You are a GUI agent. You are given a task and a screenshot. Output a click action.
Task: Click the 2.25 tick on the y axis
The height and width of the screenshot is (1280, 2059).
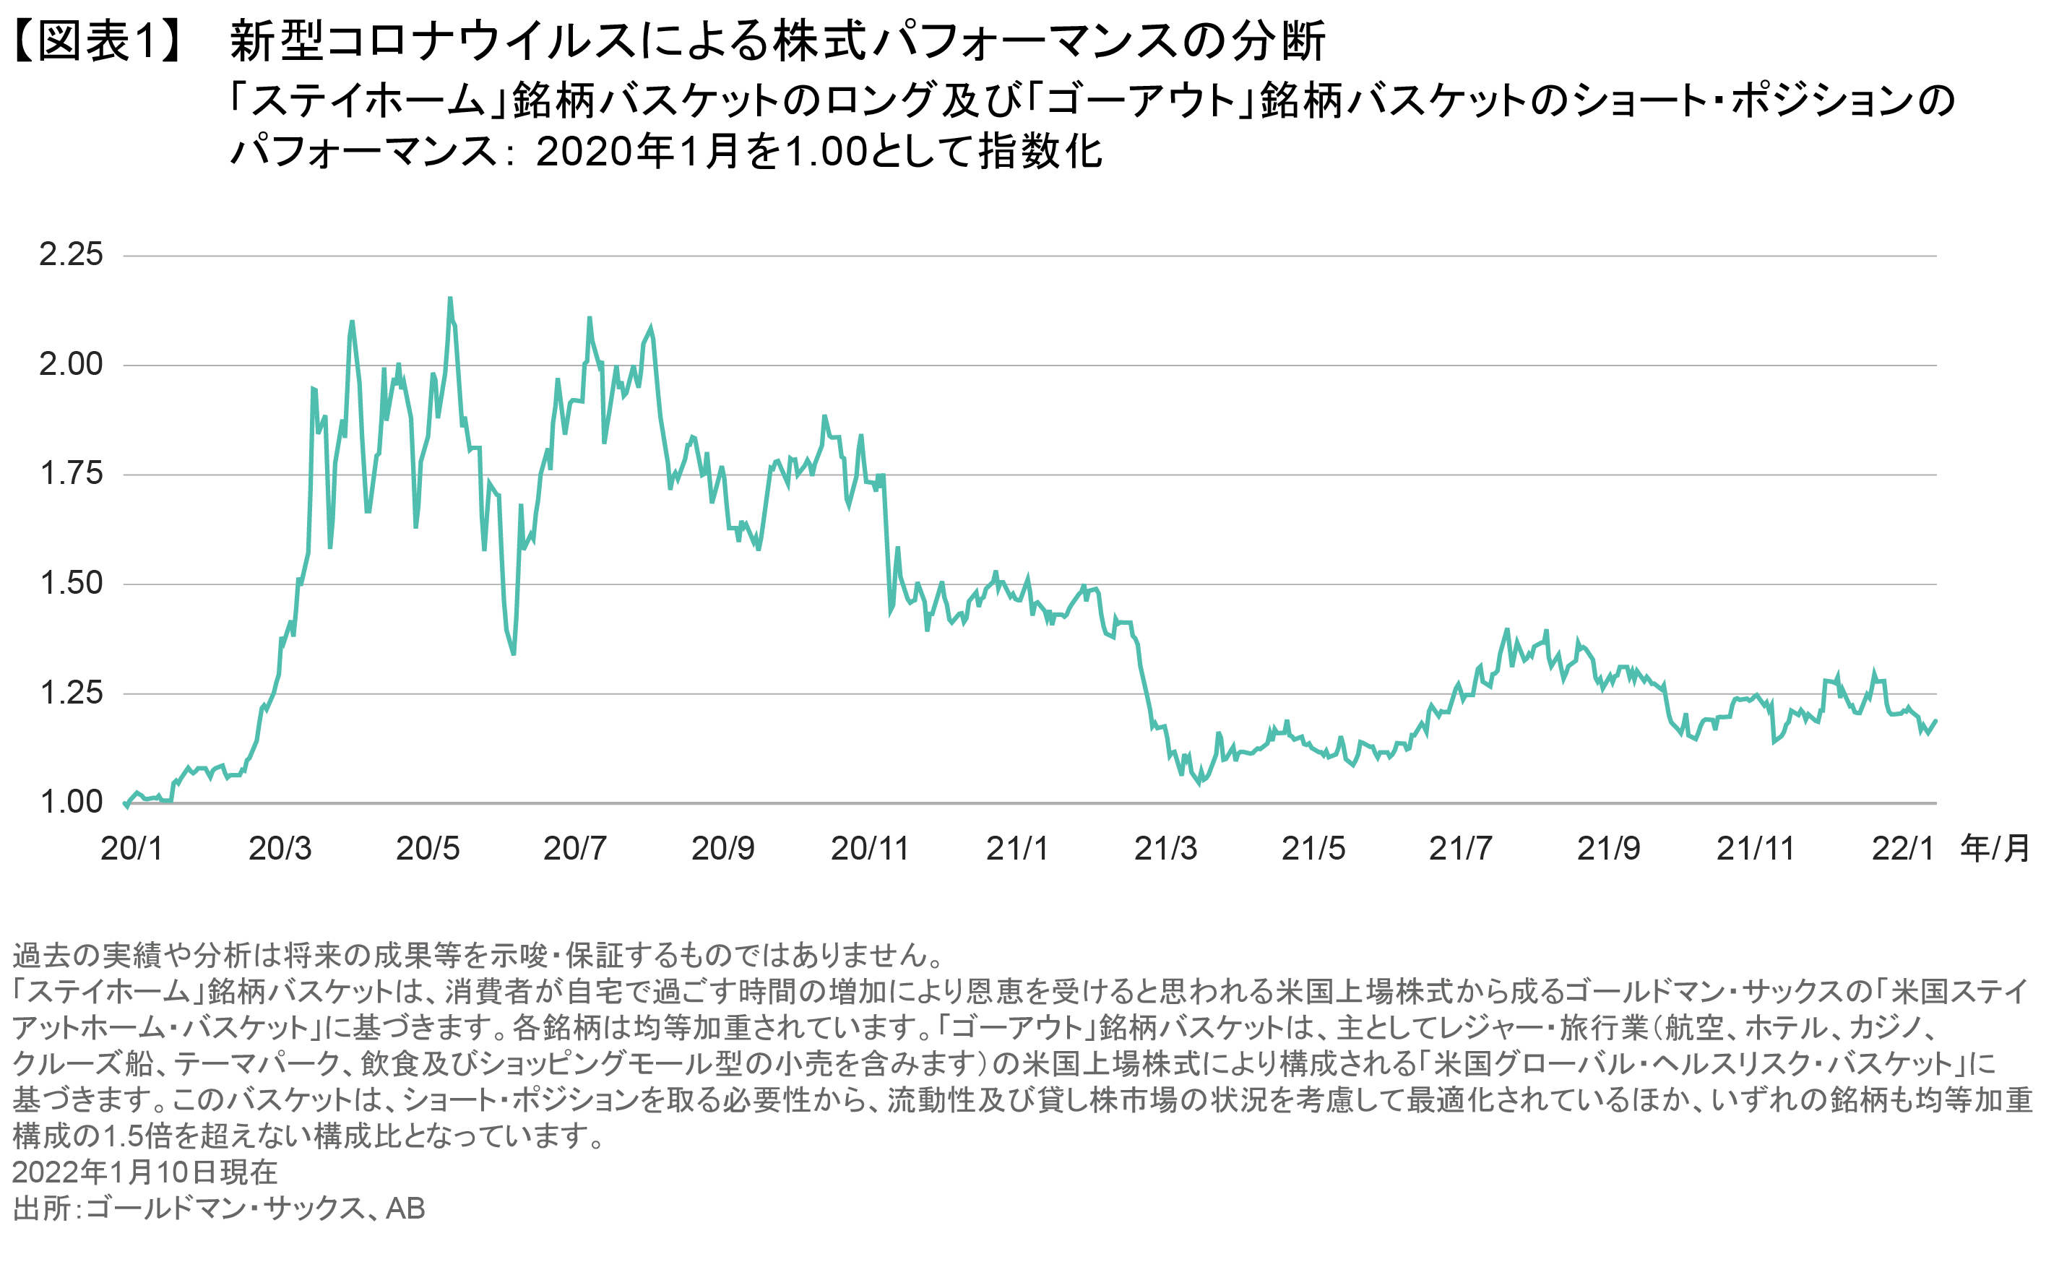(71, 255)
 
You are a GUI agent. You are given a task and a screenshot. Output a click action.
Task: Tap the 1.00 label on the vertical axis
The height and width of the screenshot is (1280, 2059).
(71, 803)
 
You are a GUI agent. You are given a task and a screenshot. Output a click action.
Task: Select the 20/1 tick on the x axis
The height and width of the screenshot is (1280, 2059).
(131, 848)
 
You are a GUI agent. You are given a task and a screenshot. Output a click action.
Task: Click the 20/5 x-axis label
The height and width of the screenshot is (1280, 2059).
(428, 848)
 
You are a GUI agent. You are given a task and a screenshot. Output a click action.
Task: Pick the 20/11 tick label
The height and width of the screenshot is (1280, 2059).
(870, 848)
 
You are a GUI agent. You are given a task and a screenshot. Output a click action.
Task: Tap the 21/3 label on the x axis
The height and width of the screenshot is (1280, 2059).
(1166, 848)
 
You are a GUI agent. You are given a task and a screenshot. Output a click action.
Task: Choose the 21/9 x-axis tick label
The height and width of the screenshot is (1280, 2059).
(1609, 848)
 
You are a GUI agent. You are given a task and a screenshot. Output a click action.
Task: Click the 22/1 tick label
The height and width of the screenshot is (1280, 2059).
(1903, 848)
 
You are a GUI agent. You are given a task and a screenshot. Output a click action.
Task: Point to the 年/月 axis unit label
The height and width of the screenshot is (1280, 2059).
(1995, 848)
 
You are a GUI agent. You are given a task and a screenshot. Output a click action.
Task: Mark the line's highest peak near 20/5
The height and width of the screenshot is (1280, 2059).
(450, 298)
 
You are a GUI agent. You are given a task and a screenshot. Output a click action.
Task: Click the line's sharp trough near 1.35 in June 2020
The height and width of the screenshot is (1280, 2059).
(514, 654)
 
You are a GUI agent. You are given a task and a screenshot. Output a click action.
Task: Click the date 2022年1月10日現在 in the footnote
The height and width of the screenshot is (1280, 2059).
(144, 1172)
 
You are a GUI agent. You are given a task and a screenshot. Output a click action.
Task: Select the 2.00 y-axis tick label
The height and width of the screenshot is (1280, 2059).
(71, 365)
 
